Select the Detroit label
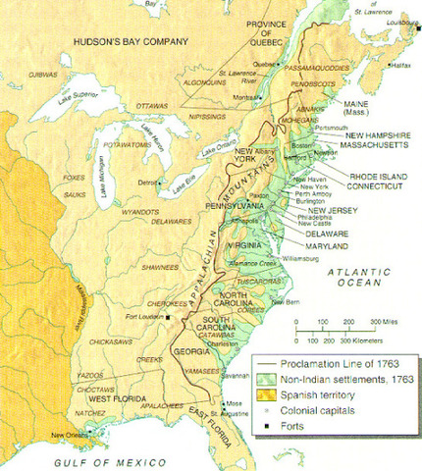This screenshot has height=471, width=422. (147, 183)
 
